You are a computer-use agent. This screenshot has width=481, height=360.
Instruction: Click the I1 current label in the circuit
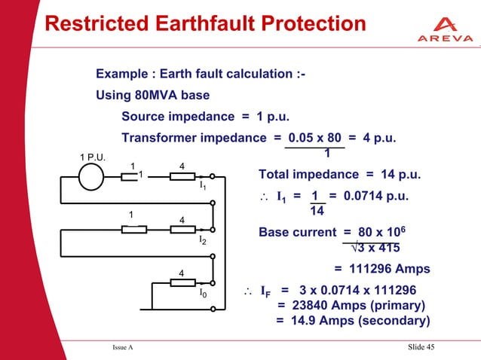click(202, 185)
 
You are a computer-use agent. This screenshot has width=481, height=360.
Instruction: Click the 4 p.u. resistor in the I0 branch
click(182, 283)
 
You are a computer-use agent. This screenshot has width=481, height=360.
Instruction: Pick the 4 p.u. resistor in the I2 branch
click(182, 230)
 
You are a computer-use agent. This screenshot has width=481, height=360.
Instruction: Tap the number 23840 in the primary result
click(317, 305)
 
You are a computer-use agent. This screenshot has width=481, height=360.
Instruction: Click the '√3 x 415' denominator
click(375, 248)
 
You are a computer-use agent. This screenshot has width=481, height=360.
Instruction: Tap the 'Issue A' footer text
click(122, 346)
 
